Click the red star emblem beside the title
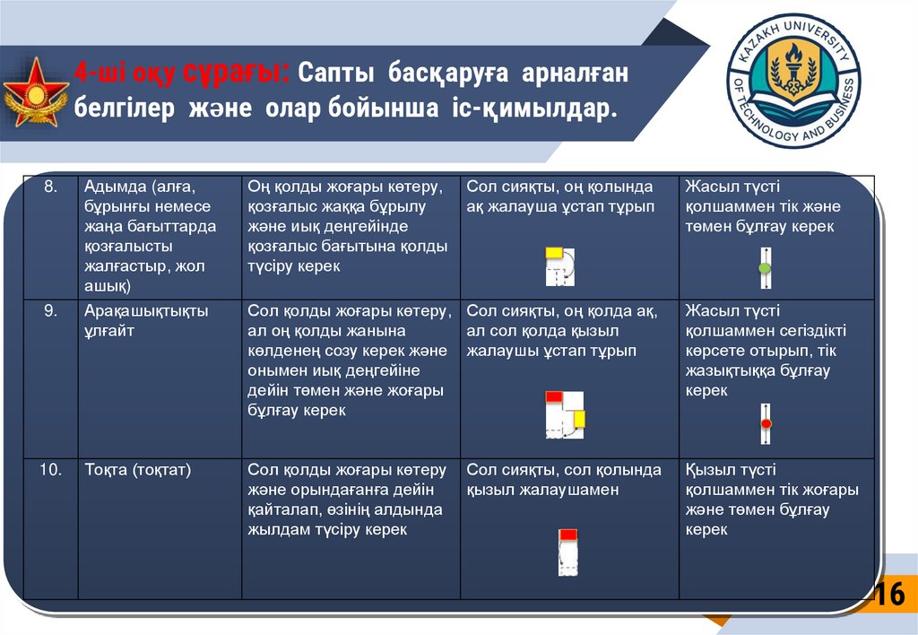tap(36, 92)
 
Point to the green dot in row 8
tap(765, 269)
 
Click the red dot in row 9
tap(766, 422)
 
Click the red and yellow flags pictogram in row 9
tap(565, 414)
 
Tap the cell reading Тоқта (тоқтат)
tap(138, 470)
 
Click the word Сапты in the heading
tap(333, 73)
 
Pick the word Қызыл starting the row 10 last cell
tap(708, 470)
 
